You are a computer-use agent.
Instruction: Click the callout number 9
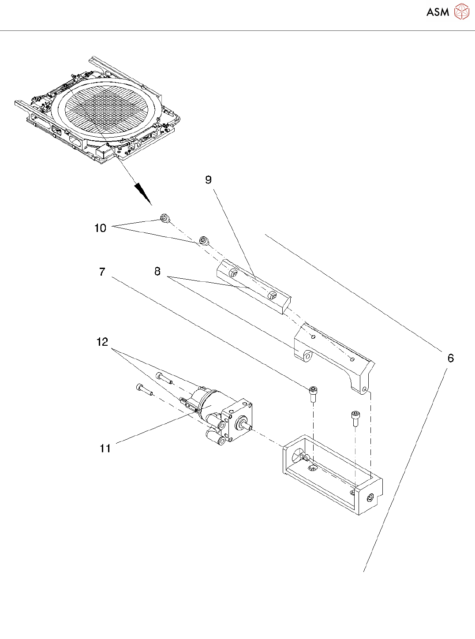209,180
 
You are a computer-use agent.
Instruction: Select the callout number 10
101,228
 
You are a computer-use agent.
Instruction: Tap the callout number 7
102,272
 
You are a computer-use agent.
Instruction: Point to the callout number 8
157,272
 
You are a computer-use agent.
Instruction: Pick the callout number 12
102,342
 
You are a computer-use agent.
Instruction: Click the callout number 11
105,448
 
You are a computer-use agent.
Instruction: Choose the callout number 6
450,358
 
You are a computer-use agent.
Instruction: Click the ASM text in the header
438,12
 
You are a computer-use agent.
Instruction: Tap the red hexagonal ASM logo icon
462,11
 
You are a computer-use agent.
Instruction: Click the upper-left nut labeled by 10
165,217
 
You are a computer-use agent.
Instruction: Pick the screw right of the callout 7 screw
355,417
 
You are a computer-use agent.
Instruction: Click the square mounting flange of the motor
238,421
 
